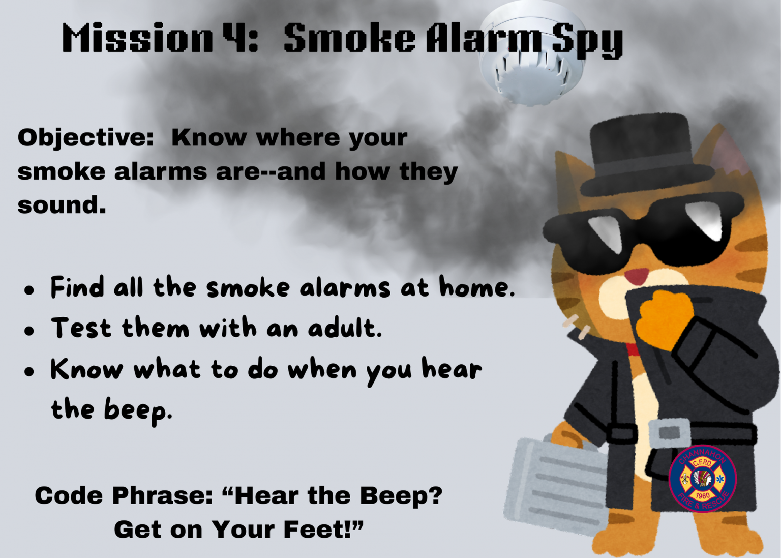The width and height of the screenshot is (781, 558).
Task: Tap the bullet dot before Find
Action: [x=29, y=290]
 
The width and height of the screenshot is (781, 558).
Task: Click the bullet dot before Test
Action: [x=29, y=330]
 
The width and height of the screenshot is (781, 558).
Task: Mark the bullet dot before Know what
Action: [x=29, y=371]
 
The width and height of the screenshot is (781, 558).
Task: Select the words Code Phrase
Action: [x=124, y=496]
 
